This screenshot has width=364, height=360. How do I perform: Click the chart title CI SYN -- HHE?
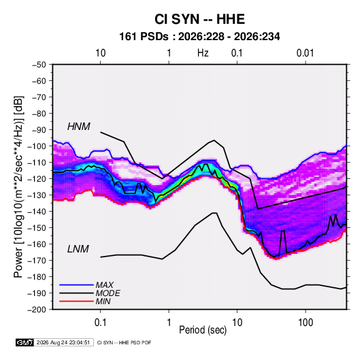[x=199, y=19]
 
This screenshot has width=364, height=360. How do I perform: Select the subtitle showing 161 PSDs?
[x=199, y=37]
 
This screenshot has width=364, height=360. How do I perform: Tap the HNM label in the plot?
[x=79, y=127]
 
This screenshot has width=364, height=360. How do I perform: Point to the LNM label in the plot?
[x=78, y=249]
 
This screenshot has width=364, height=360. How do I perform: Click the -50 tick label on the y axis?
[x=39, y=65]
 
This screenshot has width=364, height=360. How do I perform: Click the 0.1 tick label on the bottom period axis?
[x=100, y=323]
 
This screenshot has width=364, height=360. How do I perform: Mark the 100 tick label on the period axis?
[x=305, y=323]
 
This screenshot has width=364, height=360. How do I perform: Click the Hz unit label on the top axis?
[x=203, y=53]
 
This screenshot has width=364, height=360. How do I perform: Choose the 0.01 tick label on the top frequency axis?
[x=305, y=53]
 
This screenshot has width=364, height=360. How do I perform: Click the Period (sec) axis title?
[x=203, y=330]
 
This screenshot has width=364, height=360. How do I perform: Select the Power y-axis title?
[x=18, y=187]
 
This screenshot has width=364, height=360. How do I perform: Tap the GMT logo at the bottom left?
[x=24, y=342]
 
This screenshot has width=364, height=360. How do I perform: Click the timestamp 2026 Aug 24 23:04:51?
[x=63, y=342]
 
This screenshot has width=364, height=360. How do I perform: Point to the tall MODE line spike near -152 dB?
[x=282, y=242]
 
